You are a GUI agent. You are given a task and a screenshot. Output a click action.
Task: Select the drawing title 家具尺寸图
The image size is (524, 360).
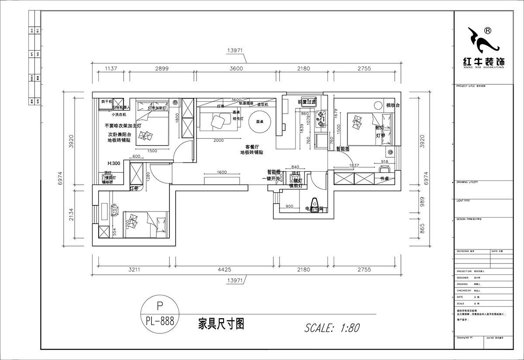click(x=221, y=324)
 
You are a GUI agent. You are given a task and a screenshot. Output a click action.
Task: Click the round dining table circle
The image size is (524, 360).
click(x=262, y=123)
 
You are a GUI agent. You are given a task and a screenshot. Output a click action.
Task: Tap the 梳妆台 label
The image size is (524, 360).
click(x=393, y=105)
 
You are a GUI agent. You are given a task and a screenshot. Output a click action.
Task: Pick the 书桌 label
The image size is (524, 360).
click(x=384, y=179)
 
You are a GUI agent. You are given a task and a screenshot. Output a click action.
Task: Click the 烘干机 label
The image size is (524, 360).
click(x=107, y=101)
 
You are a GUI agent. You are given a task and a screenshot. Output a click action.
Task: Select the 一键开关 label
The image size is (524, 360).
click(x=270, y=179)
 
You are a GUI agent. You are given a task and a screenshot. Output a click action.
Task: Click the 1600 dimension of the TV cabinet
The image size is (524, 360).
click(x=222, y=173)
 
